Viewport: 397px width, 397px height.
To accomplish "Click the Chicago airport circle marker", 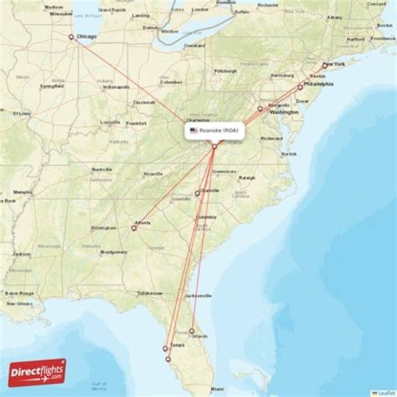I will [x=71, y=37].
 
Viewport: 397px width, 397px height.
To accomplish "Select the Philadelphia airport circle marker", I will [x=300, y=87].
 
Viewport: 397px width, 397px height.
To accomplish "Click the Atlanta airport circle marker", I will [x=133, y=227].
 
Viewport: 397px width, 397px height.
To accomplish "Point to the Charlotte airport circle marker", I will [x=197, y=193].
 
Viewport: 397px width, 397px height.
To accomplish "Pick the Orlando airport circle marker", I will [x=192, y=331].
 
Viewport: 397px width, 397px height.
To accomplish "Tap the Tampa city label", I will [x=177, y=345].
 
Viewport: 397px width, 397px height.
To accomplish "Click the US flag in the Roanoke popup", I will [x=194, y=131].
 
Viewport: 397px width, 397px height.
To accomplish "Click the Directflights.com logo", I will [x=37, y=373].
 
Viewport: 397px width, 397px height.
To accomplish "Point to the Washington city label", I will [x=285, y=112].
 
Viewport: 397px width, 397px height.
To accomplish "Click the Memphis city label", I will [x=23, y=192].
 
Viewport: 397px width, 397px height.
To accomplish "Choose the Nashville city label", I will [x=102, y=169].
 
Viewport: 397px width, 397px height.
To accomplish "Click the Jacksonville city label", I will [x=198, y=296].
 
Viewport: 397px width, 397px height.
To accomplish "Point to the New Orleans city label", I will [x=19, y=304].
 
